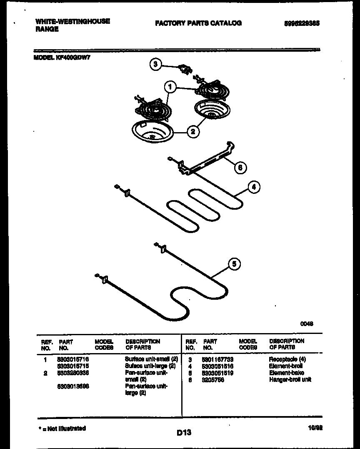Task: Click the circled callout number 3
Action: (155, 64)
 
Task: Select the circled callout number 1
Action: (169, 87)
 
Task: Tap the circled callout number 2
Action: (192, 132)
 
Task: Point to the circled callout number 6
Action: (240, 168)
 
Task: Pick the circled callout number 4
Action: (254, 187)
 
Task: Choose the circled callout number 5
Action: (235, 264)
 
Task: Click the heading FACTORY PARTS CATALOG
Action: (198, 23)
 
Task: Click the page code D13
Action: (183, 433)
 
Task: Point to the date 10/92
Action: (312, 428)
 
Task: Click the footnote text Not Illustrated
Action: (64, 428)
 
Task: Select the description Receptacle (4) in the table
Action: (287, 359)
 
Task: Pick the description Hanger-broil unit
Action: (290, 379)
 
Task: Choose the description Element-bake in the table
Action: (286, 373)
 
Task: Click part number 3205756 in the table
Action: (213, 379)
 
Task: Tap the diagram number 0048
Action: (307, 323)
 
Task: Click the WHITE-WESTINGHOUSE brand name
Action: (72, 21)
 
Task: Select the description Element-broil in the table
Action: (286, 366)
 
